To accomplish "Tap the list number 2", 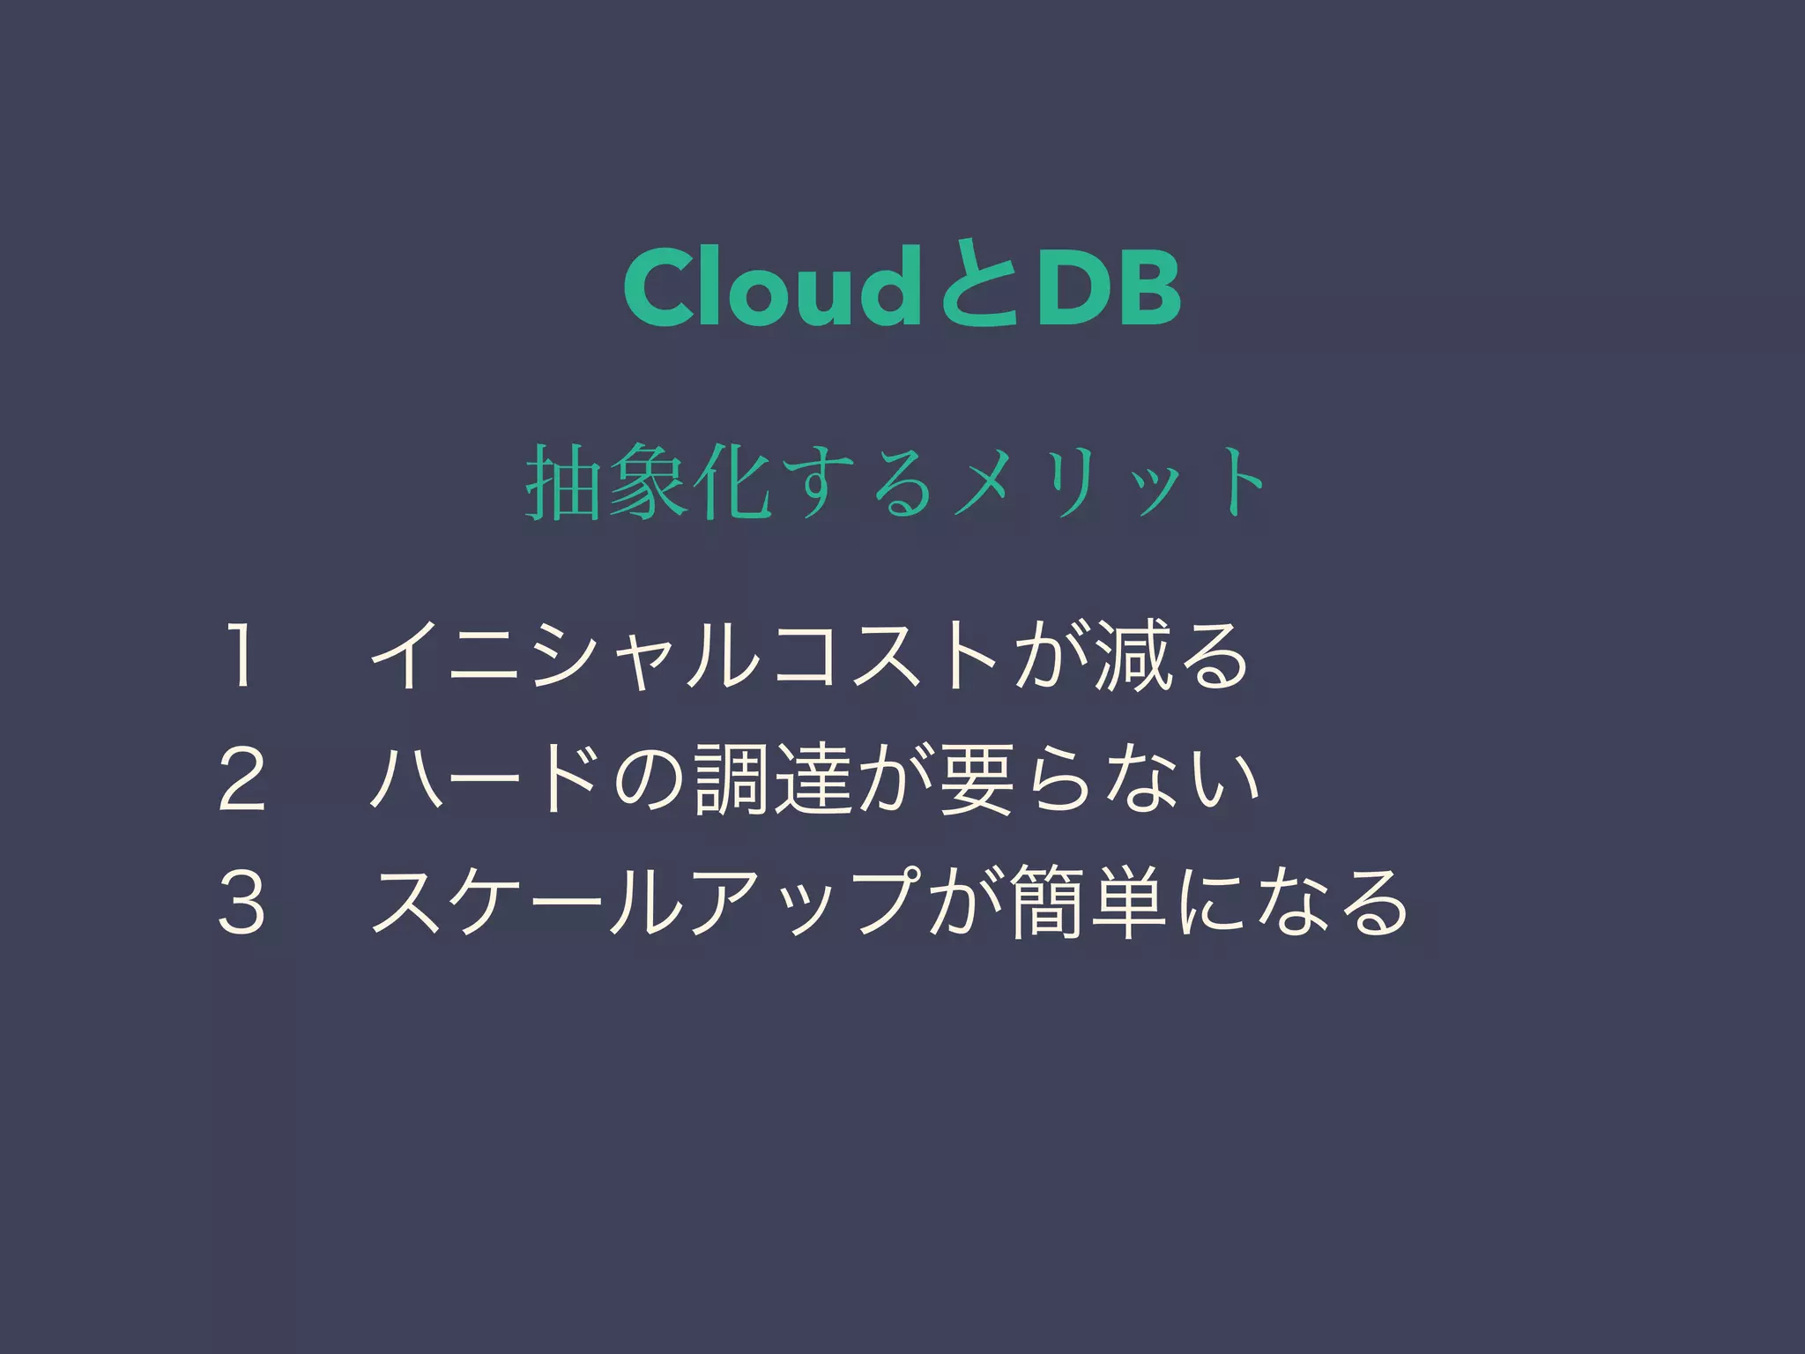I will point(241,779).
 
